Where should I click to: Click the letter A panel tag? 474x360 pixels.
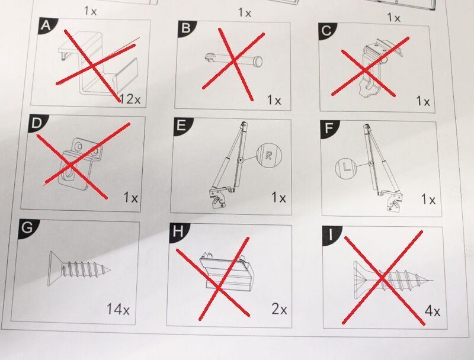point(46,25)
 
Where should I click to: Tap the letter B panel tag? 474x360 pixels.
point(185,27)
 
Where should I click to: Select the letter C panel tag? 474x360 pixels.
point(326,31)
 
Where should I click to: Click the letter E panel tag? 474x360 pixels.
point(181,126)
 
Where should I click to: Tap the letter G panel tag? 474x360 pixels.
point(27,227)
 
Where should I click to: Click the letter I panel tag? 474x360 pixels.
point(331,234)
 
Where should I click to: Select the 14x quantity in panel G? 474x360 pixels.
point(118,310)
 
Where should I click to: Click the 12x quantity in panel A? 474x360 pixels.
point(130,98)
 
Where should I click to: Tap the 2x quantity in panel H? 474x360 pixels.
point(279,309)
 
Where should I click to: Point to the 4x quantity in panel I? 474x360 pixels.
point(433,311)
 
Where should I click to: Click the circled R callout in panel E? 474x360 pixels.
point(268,156)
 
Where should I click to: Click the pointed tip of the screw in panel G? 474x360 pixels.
point(110,270)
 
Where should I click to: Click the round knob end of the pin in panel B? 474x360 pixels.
point(258,61)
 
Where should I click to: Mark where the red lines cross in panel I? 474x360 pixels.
point(382,278)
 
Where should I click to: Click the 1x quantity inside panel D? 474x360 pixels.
point(130,198)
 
